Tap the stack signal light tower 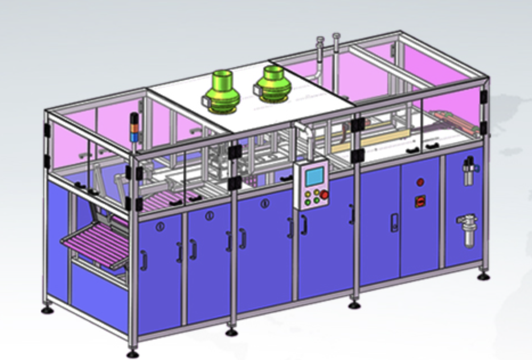(x=135, y=128)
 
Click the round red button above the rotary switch (x=420, y=182)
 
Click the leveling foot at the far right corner (x=484, y=277)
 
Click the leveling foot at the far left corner (x=48, y=310)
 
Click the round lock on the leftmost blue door (x=161, y=225)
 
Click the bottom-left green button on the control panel (x=308, y=201)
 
